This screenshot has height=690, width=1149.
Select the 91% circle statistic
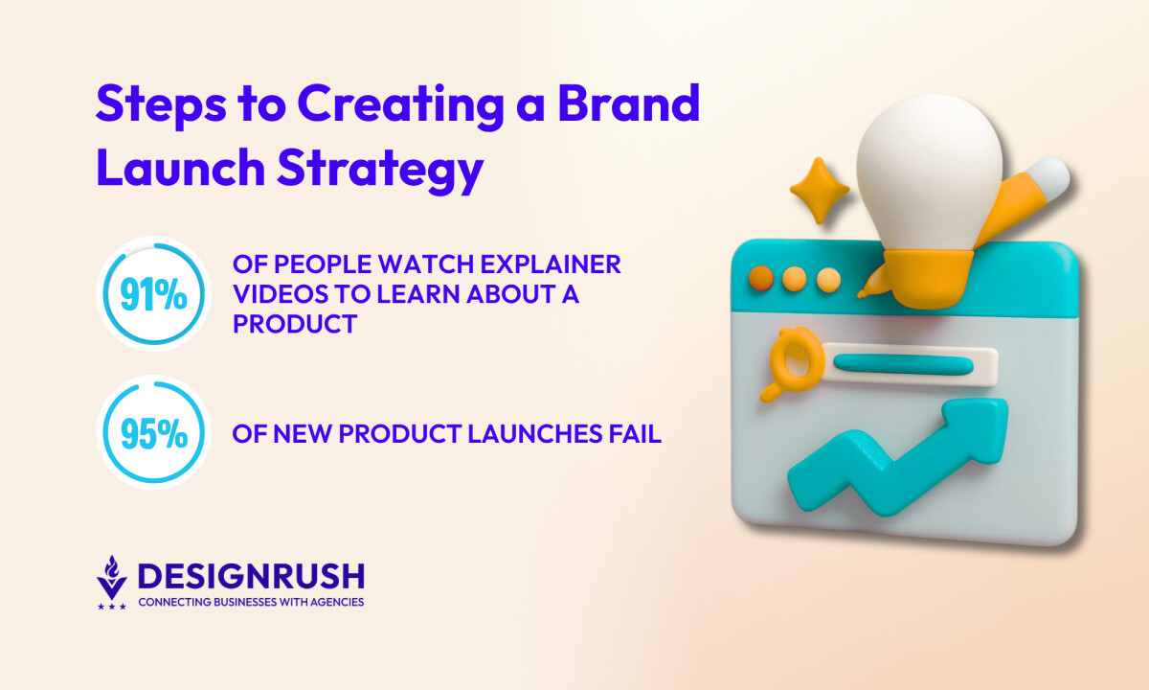click(153, 294)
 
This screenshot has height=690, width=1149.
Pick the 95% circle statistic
click(153, 434)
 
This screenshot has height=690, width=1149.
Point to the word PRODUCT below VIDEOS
click(295, 324)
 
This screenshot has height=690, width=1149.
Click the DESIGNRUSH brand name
click(251, 576)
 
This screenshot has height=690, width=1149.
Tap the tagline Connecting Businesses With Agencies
click(251, 602)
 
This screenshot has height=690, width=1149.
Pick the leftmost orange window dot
click(761, 279)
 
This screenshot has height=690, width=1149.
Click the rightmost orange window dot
click(827, 280)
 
